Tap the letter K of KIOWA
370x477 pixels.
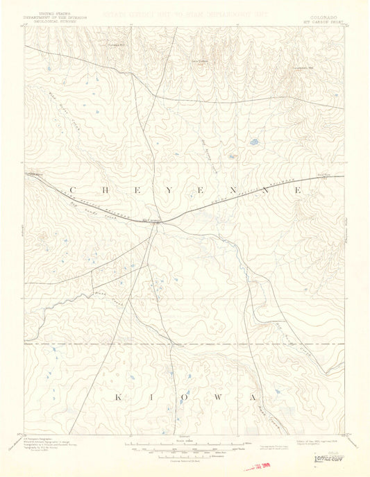tap(117, 397)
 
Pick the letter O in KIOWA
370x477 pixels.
tap(188, 397)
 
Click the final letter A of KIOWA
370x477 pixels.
tap(255, 397)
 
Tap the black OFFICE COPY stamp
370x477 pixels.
tap(329, 458)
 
